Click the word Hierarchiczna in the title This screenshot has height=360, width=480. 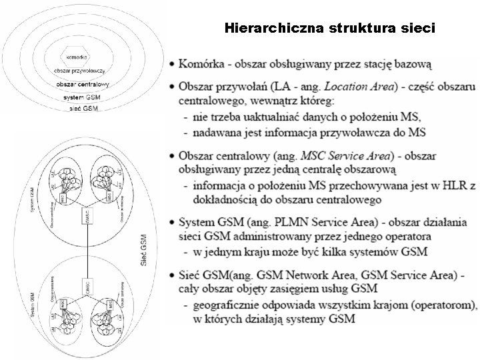click(x=265, y=28)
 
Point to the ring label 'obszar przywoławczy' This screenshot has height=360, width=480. click(x=82, y=71)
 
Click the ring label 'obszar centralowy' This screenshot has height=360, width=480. click(x=83, y=85)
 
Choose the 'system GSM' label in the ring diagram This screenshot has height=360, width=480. click(x=82, y=97)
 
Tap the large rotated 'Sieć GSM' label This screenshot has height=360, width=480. click(x=145, y=251)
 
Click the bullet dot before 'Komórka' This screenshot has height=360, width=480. click(x=172, y=65)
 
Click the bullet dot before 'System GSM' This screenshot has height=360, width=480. click(x=172, y=222)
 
